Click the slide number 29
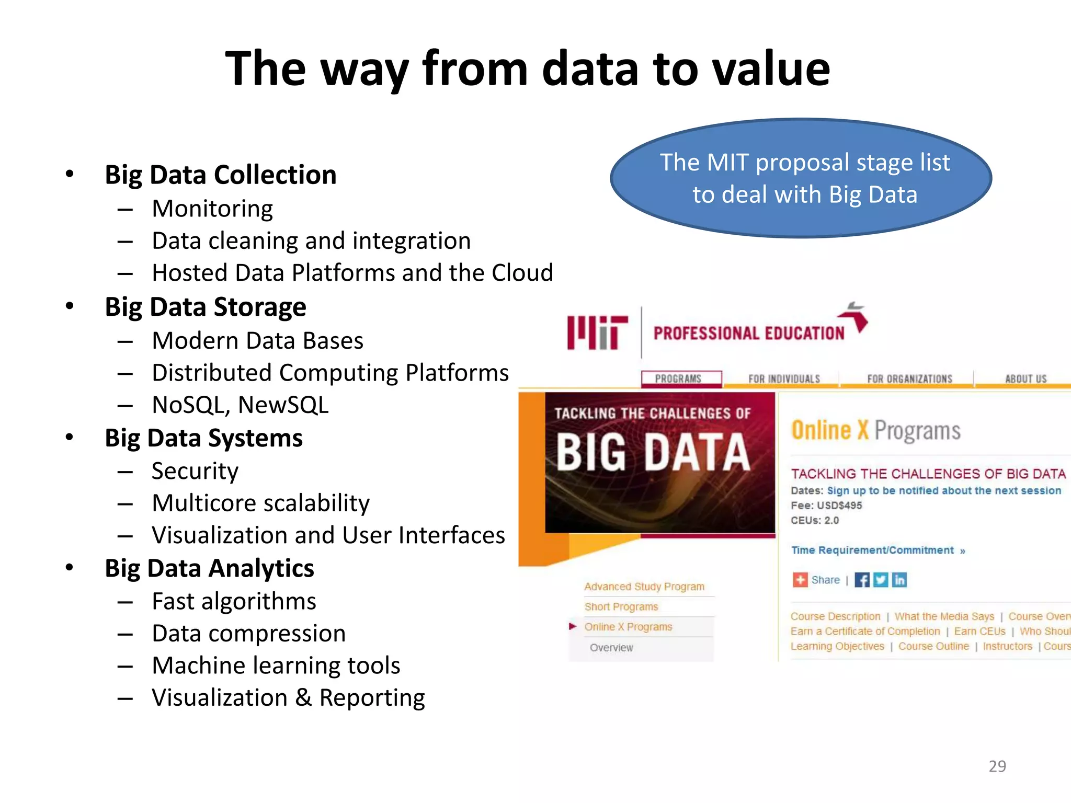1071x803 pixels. click(x=997, y=766)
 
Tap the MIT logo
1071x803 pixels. click(x=597, y=332)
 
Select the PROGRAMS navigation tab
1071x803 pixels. click(x=678, y=378)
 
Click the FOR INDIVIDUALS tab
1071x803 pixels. click(x=784, y=378)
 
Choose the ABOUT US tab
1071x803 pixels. click(x=1026, y=378)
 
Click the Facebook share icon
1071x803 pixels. click(x=862, y=580)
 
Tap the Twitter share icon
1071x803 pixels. click(x=881, y=580)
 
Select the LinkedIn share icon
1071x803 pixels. click(x=899, y=580)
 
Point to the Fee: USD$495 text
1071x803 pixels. click(x=826, y=506)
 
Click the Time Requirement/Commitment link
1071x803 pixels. click(x=872, y=550)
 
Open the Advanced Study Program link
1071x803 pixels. click(x=644, y=587)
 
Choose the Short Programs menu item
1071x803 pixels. click(x=621, y=606)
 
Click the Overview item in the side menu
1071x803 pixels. click(x=611, y=647)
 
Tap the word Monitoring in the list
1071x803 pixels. click(x=212, y=209)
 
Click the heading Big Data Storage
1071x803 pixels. click(x=206, y=307)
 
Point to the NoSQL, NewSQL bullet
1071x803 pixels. click(x=241, y=405)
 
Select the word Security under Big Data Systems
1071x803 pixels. click(x=195, y=471)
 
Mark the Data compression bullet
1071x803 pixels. click(x=249, y=634)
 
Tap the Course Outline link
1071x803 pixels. click(x=933, y=646)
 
